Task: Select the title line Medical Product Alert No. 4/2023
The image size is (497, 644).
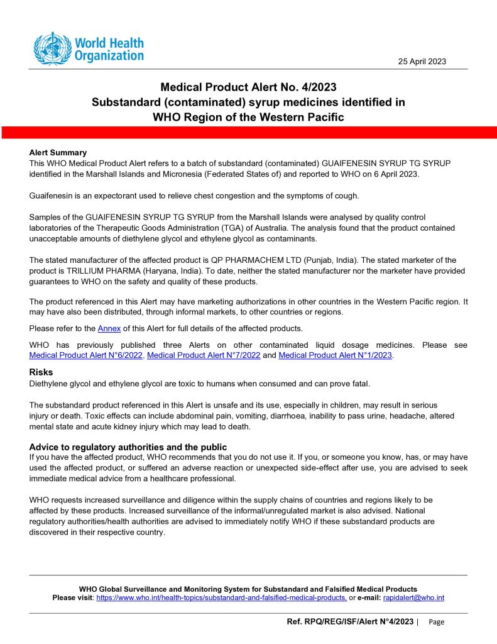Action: tap(248, 87)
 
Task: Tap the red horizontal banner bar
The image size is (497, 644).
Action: tap(248, 132)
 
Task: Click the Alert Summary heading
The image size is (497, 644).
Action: tap(58, 153)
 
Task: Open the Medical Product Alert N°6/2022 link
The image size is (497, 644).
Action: tap(87, 355)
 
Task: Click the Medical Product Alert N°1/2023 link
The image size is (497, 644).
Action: tap(335, 355)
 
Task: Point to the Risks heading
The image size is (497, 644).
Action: tap(41, 372)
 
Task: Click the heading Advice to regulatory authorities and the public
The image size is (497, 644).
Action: tap(128, 447)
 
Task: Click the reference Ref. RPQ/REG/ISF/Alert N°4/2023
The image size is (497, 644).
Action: tap(350, 621)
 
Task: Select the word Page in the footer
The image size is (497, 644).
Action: tap(436, 622)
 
